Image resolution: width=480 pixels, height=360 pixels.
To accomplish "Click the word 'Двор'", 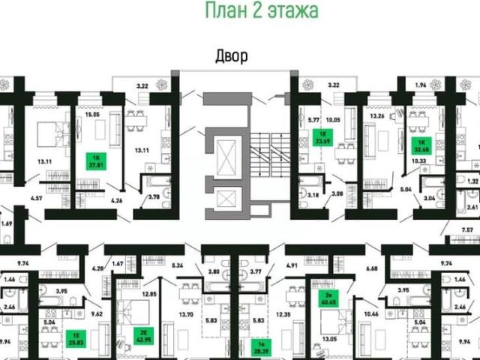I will click(x=231, y=55).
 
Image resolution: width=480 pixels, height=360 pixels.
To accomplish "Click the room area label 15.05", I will click(x=91, y=115).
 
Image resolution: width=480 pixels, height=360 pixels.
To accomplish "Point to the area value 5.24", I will click(x=178, y=265).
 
